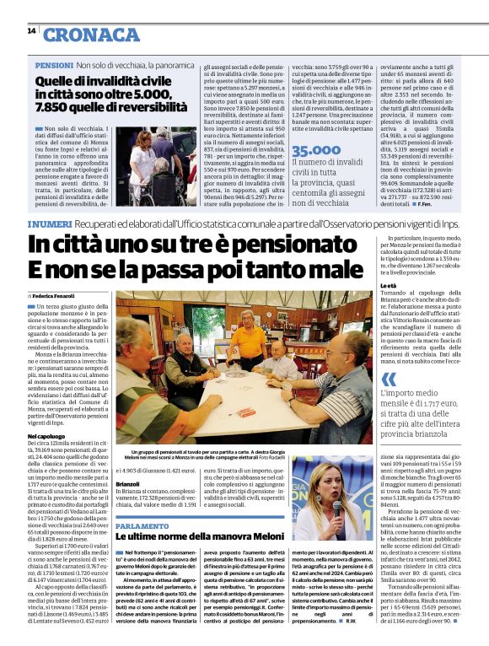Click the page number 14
31,31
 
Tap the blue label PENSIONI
52,65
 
